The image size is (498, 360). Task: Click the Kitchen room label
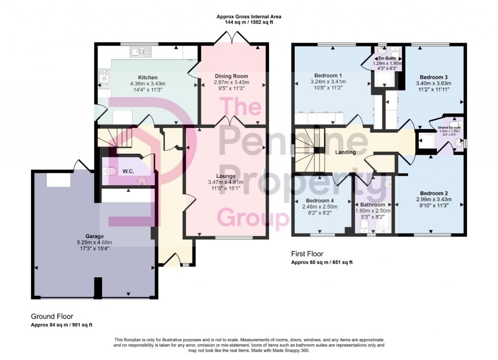click(x=147, y=77)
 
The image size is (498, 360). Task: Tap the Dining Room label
click(x=231, y=76)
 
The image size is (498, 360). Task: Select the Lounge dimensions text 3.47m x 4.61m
click(x=227, y=182)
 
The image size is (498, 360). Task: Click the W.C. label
click(x=128, y=171)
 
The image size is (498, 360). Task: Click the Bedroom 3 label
click(x=434, y=77)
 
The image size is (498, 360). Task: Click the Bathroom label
click(x=373, y=205)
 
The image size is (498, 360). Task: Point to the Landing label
click(x=345, y=152)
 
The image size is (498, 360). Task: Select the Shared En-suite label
click(x=448, y=127)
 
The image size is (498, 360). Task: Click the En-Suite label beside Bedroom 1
click(x=388, y=58)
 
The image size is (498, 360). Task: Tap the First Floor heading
click(x=307, y=254)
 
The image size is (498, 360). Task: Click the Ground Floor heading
click(x=52, y=316)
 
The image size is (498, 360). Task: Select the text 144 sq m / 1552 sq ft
click(x=249, y=23)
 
